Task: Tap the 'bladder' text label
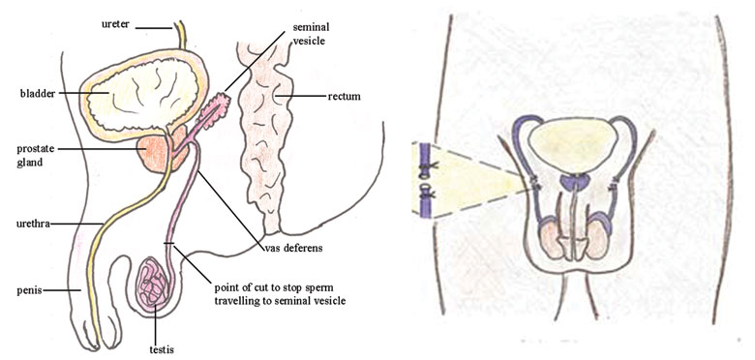click(x=36, y=93)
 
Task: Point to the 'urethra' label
click(x=36, y=224)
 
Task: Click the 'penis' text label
click(x=31, y=289)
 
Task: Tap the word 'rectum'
click(x=346, y=97)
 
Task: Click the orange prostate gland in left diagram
click(x=156, y=152)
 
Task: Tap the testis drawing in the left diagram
click(x=155, y=285)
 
